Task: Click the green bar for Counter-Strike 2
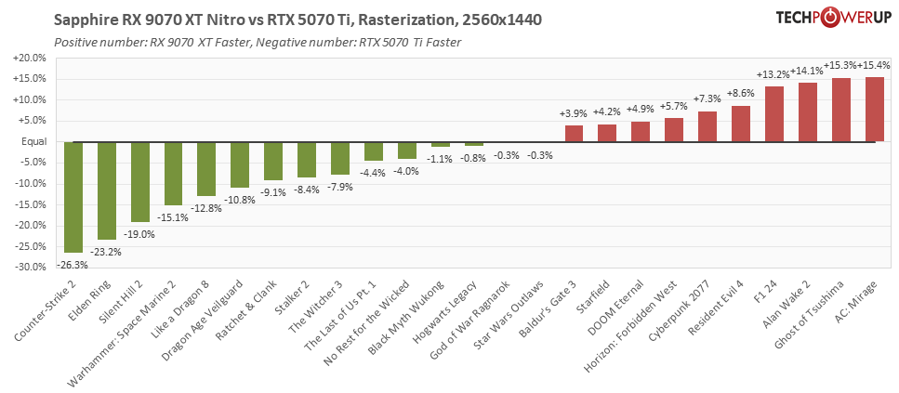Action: [73, 197]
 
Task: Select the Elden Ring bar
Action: [107, 190]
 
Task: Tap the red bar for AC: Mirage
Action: [875, 110]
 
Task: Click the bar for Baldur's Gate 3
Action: [575, 134]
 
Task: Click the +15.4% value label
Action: [875, 65]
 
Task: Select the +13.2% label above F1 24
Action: [773, 74]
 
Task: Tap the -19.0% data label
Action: [140, 234]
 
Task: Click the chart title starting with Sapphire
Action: [298, 20]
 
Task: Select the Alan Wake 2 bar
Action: [808, 112]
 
